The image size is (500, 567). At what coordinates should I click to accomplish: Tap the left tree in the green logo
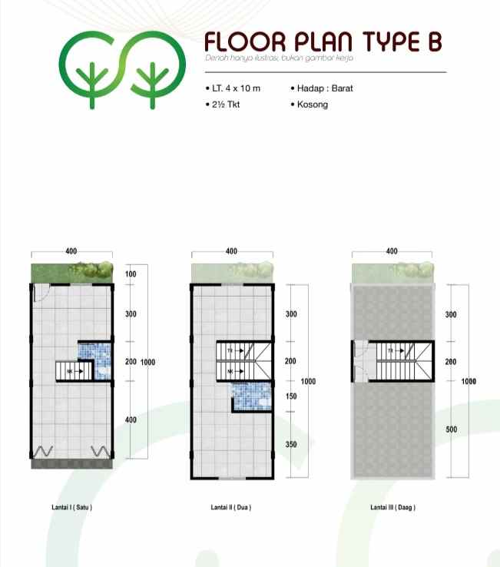[x=93, y=80]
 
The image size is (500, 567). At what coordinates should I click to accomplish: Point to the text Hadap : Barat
[x=322, y=88]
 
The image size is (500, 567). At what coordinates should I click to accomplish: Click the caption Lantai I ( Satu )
[x=71, y=508]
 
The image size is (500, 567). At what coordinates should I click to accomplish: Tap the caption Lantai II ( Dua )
[x=231, y=508]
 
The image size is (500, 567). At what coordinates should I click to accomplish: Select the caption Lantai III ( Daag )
[x=392, y=508]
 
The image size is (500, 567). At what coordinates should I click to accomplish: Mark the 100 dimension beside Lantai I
[x=130, y=274]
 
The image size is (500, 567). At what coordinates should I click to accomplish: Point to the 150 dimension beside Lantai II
[x=291, y=396]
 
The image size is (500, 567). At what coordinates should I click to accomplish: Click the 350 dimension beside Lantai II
[x=291, y=444]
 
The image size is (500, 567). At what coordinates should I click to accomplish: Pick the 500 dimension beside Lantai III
[x=451, y=429]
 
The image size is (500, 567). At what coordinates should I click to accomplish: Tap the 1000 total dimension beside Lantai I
[x=148, y=362]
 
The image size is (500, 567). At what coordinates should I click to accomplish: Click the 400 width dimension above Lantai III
[x=392, y=252]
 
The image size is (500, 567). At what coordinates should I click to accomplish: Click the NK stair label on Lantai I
[x=70, y=372]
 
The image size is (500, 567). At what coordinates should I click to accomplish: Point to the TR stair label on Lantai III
[x=391, y=350]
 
